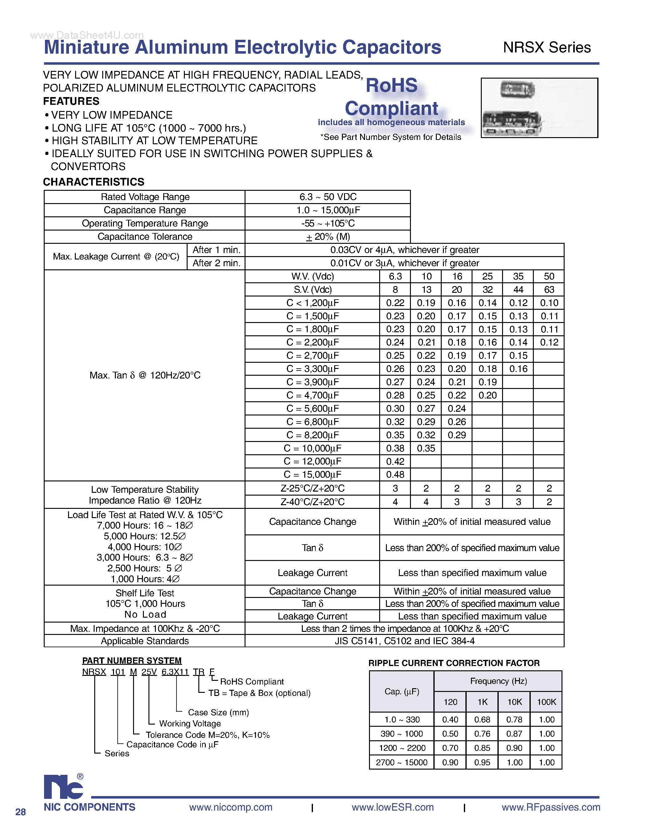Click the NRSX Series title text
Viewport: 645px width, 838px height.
(x=546, y=47)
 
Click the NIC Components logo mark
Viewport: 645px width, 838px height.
(x=63, y=787)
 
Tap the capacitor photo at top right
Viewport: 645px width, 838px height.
(x=539, y=108)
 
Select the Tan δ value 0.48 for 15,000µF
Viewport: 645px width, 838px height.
(x=395, y=475)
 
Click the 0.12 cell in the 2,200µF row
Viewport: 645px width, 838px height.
(x=549, y=342)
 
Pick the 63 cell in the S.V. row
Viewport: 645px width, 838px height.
(x=549, y=290)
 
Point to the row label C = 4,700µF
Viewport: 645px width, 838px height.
(x=313, y=395)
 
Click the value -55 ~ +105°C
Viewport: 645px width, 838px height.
(x=328, y=223)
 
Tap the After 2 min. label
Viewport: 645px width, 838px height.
(x=216, y=263)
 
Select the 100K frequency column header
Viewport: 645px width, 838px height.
(x=546, y=702)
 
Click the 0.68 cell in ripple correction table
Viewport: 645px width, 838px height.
(x=482, y=719)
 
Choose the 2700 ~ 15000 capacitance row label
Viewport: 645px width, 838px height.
(x=401, y=762)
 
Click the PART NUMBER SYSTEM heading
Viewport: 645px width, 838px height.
(x=132, y=660)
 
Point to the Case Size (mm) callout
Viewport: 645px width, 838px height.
(x=218, y=712)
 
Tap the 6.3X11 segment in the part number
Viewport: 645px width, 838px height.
(x=175, y=672)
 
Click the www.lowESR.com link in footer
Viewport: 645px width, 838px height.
(x=392, y=807)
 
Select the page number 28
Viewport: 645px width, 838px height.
(x=21, y=811)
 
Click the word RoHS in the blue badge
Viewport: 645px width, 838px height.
(x=391, y=85)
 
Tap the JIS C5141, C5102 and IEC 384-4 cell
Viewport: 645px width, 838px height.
(x=404, y=641)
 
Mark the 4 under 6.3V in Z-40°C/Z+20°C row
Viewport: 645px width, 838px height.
(x=395, y=502)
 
